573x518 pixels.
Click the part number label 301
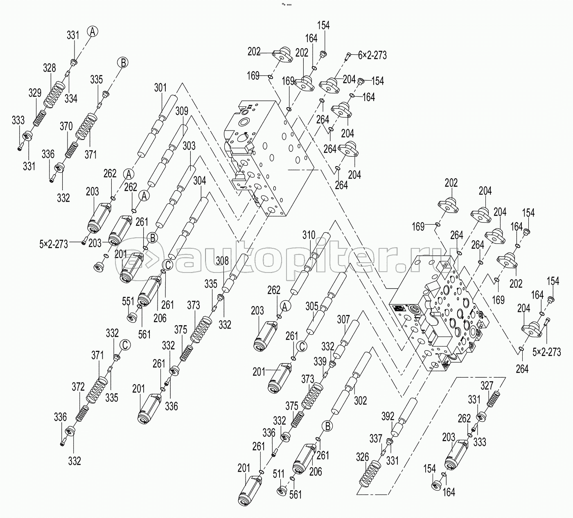[160, 88]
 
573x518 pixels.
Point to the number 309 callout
[182, 111]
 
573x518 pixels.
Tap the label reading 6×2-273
[372, 55]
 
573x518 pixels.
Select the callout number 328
[50, 68]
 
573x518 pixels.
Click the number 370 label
[66, 126]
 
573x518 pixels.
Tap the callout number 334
[71, 99]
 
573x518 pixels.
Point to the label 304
[200, 180]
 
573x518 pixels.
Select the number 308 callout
[222, 261]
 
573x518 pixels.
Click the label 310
[309, 235]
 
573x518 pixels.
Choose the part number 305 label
[311, 306]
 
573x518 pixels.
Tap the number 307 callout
[343, 320]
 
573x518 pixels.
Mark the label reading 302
[360, 401]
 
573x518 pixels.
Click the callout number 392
[388, 417]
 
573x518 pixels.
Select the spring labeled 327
[494, 399]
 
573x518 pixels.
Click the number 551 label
[128, 301]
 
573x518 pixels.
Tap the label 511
[278, 474]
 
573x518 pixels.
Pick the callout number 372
[78, 387]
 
